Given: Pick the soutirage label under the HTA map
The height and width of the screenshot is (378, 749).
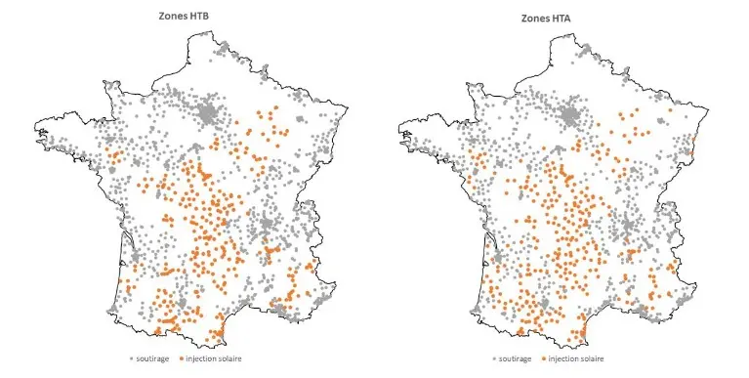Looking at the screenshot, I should click(x=515, y=358).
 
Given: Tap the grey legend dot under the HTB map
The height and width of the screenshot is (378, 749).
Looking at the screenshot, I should click(x=131, y=358).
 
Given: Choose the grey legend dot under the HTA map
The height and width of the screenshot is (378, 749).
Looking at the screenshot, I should click(x=494, y=358).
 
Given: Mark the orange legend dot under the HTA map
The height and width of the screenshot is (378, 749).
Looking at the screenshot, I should click(x=542, y=358).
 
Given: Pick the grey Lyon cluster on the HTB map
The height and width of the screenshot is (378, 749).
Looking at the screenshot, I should click(x=263, y=229).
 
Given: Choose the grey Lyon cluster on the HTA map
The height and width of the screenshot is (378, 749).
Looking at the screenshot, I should click(x=626, y=229).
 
